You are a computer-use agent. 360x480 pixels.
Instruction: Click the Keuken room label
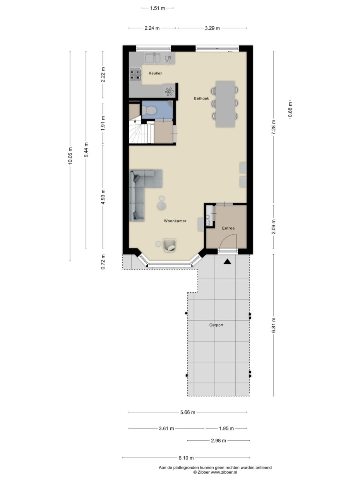(x=155, y=73)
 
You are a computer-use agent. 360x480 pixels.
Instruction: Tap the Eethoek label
(x=201, y=99)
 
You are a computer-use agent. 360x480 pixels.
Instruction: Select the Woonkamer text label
(x=175, y=221)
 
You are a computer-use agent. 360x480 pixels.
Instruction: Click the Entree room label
(x=228, y=228)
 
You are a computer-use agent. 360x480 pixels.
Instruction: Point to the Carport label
(x=216, y=325)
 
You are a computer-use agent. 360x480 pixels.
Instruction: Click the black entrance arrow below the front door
(x=227, y=262)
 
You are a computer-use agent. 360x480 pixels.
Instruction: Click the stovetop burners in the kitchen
(x=135, y=74)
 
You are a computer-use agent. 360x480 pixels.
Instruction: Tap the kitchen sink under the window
(x=153, y=58)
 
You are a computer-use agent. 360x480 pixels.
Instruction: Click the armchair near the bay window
(x=170, y=245)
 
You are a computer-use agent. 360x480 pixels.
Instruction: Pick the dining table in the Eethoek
(x=225, y=103)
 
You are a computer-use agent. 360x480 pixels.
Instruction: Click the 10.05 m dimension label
(x=70, y=156)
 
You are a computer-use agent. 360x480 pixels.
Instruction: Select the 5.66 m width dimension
(x=187, y=412)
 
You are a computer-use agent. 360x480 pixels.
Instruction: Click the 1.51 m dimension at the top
(x=157, y=8)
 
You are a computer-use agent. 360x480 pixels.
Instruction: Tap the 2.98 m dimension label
(x=218, y=441)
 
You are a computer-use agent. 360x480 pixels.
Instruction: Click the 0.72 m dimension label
(x=103, y=262)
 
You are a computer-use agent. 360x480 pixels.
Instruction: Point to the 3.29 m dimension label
(x=212, y=28)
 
